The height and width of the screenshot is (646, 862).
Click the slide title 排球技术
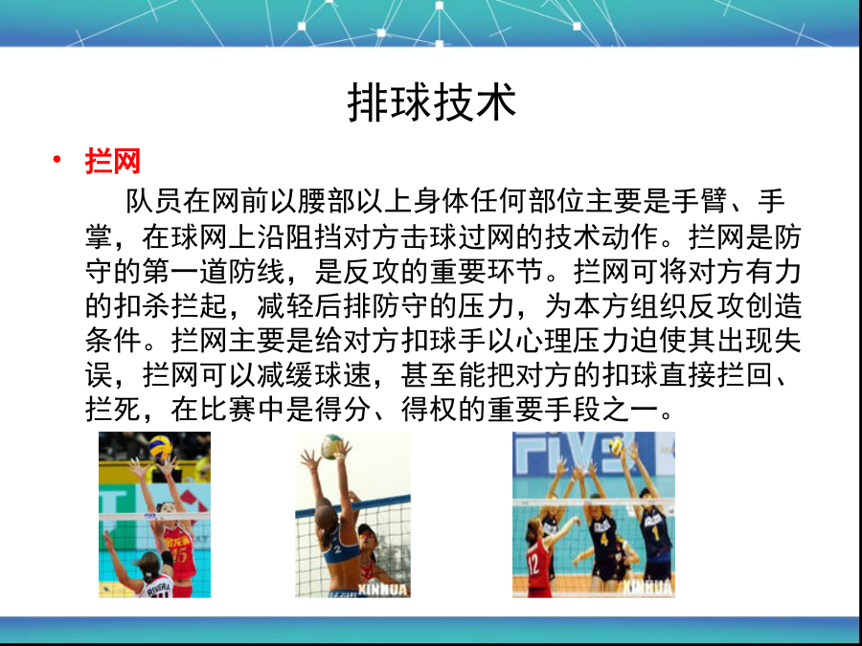tap(432, 102)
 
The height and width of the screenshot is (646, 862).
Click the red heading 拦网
tap(113, 161)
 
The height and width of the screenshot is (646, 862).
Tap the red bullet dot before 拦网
tap(57, 159)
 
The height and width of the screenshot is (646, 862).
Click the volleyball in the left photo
tap(161, 448)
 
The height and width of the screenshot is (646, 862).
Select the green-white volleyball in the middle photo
tap(331, 447)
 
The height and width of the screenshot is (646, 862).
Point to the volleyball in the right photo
tap(616, 445)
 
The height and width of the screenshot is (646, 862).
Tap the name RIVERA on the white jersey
tap(159, 588)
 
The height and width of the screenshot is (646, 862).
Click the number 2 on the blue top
tap(337, 548)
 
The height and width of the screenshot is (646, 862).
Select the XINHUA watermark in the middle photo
tap(382, 590)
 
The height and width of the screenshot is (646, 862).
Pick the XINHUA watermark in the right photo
tap(647, 588)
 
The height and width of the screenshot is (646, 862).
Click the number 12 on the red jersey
tap(533, 566)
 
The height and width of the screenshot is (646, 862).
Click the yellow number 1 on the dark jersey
tap(655, 533)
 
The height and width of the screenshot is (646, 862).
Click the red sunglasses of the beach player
tap(367, 534)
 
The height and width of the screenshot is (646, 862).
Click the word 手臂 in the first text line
tap(699, 201)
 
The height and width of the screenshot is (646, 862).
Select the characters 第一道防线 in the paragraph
tap(214, 271)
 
